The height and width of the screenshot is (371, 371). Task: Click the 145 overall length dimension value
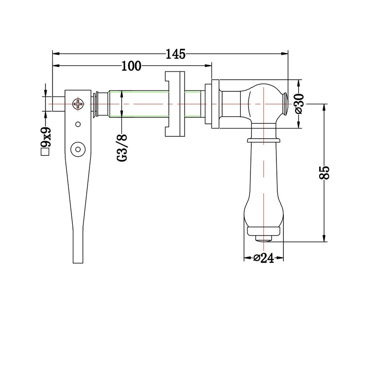175,54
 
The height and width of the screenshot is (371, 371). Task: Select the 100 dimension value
131,66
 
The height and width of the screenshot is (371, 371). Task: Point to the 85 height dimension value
324,173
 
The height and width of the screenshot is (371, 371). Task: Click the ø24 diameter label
263,258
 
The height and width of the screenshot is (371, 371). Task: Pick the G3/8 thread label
122,147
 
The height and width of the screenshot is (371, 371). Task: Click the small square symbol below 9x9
45,152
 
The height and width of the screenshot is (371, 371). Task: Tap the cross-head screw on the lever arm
78,104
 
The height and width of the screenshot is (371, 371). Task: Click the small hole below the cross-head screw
78,124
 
